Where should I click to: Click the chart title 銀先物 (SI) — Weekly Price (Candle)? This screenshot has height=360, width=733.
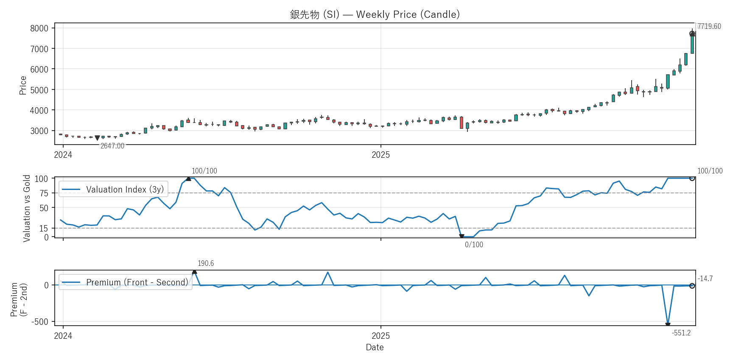click(375, 14)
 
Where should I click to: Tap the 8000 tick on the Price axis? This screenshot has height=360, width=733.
click(39, 28)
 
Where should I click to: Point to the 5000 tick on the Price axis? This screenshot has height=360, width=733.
click(39, 90)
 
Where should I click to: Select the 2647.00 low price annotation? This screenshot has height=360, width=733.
click(112, 146)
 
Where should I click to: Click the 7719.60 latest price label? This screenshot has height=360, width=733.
click(709, 26)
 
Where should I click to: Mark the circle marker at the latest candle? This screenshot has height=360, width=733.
click(692, 34)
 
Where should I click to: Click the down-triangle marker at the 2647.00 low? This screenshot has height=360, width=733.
click(97, 138)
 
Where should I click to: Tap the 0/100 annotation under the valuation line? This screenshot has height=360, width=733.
click(474, 245)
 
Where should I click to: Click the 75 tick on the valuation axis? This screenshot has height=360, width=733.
click(44, 193)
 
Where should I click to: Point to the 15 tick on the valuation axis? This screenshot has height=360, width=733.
click(44, 229)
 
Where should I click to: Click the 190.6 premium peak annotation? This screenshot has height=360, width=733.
click(206, 263)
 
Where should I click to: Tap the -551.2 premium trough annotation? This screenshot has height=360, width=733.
click(681, 333)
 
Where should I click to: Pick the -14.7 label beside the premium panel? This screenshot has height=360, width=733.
click(705, 279)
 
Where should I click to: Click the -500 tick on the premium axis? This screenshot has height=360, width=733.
click(40, 322)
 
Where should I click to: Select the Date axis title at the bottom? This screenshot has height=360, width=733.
click(375, 347)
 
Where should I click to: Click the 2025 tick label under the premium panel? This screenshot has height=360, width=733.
click(380, 336)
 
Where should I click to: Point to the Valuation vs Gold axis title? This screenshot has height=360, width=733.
click(27, 208)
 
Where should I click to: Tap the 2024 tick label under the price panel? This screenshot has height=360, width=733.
click(63, 155)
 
